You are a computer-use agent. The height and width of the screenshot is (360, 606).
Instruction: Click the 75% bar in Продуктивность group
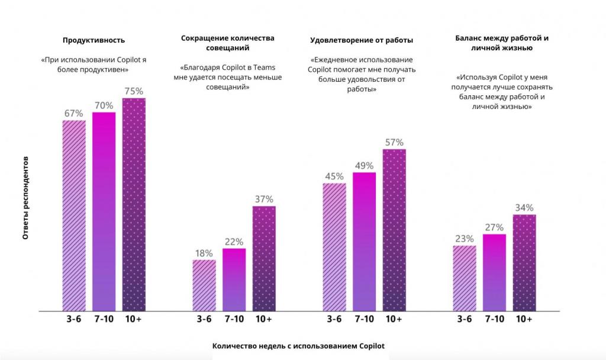pos(134,204)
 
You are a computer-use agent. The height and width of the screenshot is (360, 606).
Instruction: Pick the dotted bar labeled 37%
pos(264,258)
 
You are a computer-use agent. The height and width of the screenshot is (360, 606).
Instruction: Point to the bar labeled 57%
pos(394,230)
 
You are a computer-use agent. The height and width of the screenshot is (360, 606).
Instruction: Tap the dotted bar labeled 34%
pos(524,262)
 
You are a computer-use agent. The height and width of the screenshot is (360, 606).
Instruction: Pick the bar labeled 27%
pos(495,272)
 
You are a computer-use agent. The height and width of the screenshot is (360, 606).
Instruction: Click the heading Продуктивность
pos(94,40)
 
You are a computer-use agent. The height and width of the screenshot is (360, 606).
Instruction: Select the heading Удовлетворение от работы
pos(362,40)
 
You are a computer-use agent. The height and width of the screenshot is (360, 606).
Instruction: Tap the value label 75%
pos(134,91)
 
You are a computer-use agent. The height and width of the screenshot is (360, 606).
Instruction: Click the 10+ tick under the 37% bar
pos(264,319)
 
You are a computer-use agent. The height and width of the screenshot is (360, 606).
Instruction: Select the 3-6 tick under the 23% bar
pos(465,319)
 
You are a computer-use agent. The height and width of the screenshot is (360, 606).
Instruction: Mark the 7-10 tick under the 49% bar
pos(365,319)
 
